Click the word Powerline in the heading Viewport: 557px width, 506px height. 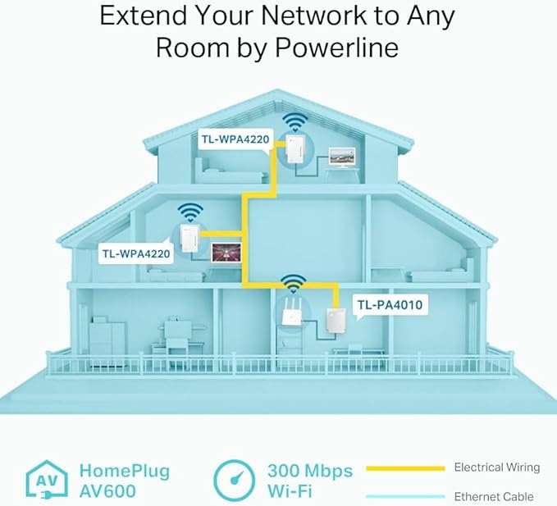tap(337, 48)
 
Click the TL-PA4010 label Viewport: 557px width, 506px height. tap(390, 305)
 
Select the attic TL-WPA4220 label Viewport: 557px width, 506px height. tap(235, 139)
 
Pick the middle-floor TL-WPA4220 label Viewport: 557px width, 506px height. tap(136, 253)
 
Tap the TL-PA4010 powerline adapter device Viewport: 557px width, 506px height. tap(336, 321)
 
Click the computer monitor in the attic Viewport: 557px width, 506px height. tap(341, 157)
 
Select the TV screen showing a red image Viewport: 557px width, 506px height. tap(226, 253)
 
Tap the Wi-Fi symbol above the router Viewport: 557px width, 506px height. tap(293, 283)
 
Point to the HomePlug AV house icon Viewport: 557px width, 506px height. tap(47, 481)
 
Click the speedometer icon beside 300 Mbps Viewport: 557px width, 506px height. tap(234, 481)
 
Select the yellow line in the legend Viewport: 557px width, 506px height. tap(405, 469)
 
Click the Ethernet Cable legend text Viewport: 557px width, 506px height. tap(494, 496)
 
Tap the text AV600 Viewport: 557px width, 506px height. tap(107, 491)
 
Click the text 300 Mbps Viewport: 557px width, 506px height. tap(310, 471)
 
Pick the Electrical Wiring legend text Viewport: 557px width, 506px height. tap(497, 467)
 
